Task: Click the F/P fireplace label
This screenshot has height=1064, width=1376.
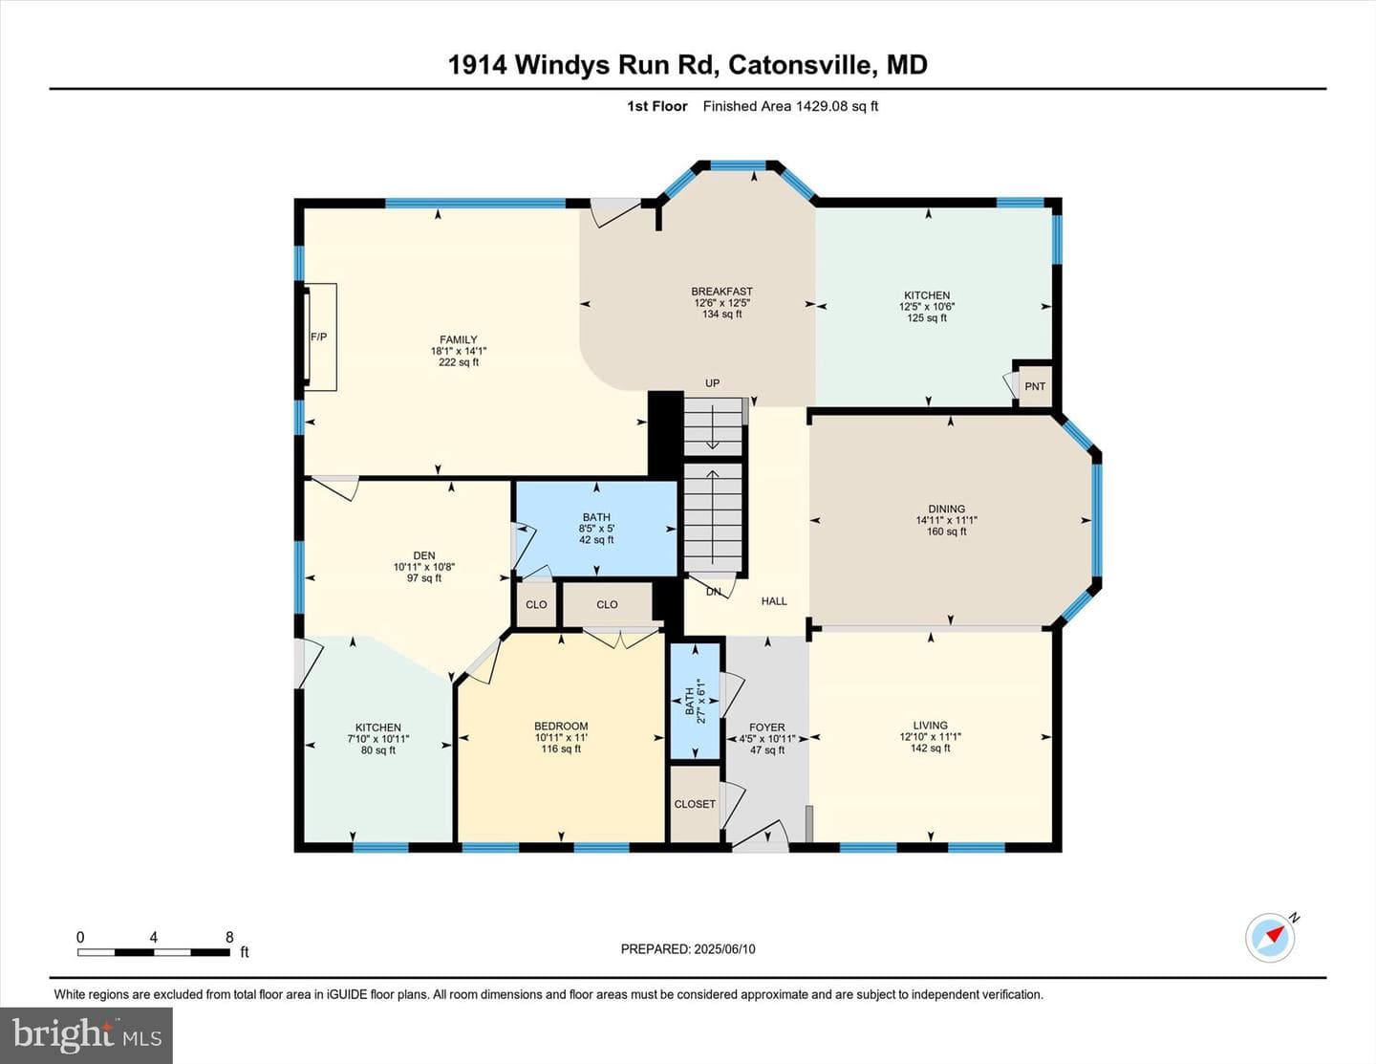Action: pos(318,337)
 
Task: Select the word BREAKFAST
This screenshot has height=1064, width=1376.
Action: pos(721,292)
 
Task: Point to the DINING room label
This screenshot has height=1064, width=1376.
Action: pos(947,509)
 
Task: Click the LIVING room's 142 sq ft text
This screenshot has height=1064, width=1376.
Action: pos(930,748)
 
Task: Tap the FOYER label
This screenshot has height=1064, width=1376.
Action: pos(767,727)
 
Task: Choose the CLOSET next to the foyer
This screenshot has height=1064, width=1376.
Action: pos(695,804)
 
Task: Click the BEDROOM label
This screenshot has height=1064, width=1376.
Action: pos(561,727)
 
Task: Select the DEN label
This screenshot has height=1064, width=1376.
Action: pos(424,556)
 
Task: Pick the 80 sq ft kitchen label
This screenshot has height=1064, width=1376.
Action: pos(378,750)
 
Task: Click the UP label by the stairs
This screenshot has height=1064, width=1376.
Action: pos(713,383)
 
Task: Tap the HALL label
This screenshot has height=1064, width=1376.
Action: pos(774,601)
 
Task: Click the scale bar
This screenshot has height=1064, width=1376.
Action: pos(153,952)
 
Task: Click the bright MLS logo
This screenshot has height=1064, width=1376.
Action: pos(86,1035)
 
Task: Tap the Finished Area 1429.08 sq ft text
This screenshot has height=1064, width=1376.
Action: pos(790,106)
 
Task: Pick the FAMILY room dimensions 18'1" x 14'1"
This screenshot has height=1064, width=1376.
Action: pos(459,351)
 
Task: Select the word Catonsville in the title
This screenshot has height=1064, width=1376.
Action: pos(802,65)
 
